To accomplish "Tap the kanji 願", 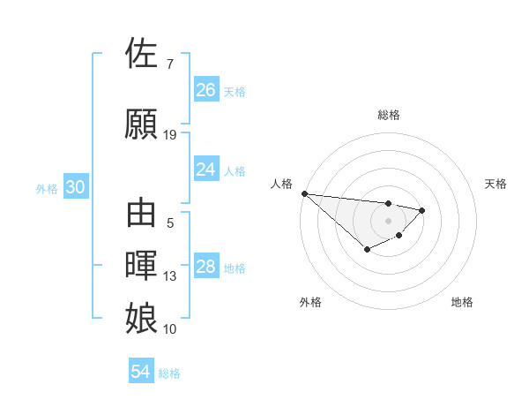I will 143,124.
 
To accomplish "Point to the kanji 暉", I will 143,266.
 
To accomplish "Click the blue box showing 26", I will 206,90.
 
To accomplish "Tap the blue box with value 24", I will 206,170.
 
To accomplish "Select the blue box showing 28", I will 206,268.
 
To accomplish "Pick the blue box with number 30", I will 76,188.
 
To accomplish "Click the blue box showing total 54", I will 141,372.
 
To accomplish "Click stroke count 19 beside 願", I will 170,135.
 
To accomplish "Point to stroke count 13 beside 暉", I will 170,276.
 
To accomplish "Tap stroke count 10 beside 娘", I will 170,329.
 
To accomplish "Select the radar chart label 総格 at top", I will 388,115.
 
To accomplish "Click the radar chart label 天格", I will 496,184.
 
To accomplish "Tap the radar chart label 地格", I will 462,302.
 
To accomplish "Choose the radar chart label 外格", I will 310,302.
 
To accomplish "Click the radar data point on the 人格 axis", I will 304,193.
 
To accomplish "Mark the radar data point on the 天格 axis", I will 422,210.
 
